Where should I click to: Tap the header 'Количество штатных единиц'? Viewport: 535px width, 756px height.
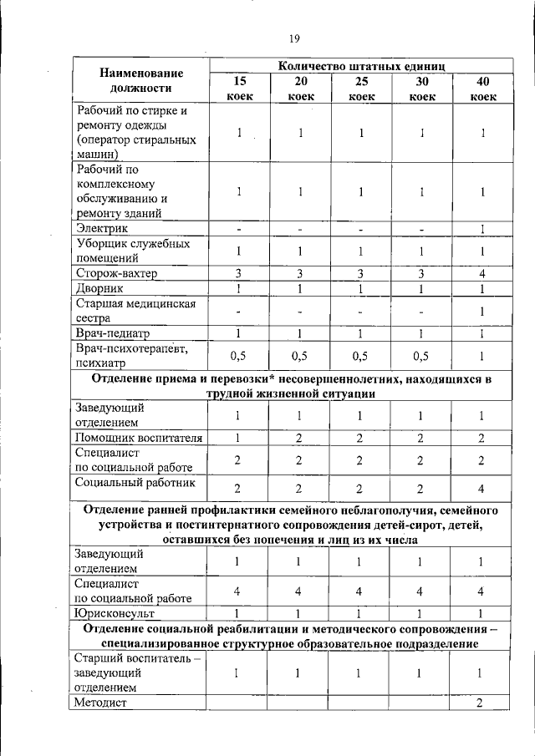coord(361,65)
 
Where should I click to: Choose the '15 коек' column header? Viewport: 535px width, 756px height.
coord(239,89)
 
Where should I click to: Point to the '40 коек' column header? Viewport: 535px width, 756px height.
coord(482,89)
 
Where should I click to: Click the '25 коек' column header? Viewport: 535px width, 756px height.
coord(361,89)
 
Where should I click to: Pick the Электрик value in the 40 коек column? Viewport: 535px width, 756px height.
coord(482,229)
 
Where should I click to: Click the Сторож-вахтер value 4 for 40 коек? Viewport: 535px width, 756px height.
coord(482,273)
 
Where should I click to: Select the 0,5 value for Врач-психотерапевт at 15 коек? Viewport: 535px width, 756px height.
coord(239,356)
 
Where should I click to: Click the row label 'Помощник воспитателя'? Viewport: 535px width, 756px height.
coord(140,437)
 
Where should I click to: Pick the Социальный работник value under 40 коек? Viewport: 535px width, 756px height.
coord(482,489)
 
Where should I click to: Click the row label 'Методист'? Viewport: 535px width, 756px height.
coord(101,703)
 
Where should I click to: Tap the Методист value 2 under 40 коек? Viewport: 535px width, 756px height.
coord(481,703)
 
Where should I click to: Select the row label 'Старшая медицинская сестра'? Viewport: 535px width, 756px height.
coord(135,311)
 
